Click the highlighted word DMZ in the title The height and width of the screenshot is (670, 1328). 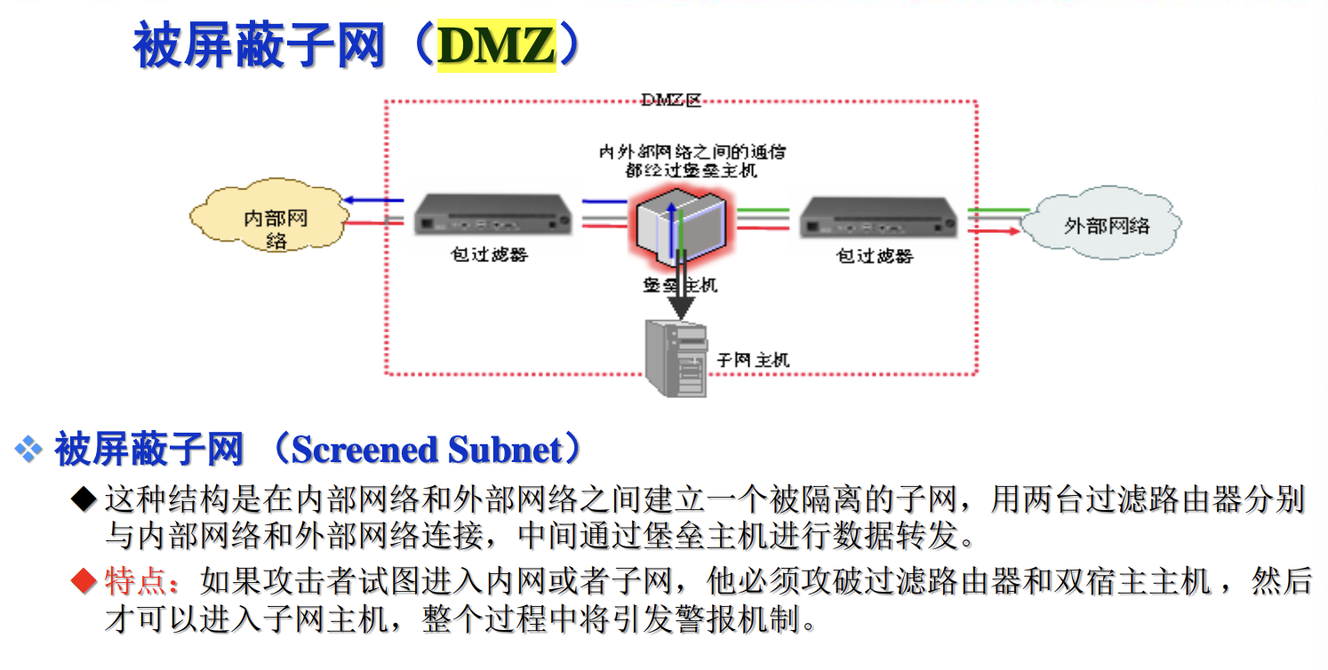tap(496, 46)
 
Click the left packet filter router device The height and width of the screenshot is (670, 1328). tap(492, 216)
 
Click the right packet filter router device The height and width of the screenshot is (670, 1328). tap(878, 218)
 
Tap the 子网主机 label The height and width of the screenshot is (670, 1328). tap(753, 361)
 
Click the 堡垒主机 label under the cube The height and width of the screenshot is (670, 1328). tap(680, 285)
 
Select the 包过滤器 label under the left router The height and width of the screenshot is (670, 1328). tap(489, 255)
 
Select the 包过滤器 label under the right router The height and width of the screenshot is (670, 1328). tap(875, 257)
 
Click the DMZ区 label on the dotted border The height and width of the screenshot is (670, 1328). tap(671, 100)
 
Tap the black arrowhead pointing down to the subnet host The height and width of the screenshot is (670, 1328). tap(681, 307)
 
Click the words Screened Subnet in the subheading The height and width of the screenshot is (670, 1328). tap(427, 450)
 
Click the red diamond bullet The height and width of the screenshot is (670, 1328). tap(83, 583)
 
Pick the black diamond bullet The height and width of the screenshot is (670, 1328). tap(83, 499)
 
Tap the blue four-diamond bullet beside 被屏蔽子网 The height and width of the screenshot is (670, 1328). tap(28, 450)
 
